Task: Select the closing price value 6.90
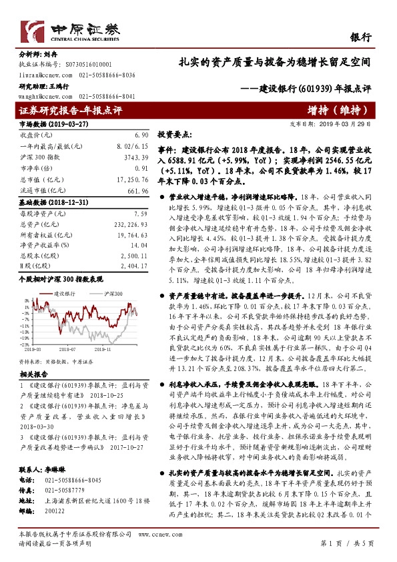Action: coord(141,135)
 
